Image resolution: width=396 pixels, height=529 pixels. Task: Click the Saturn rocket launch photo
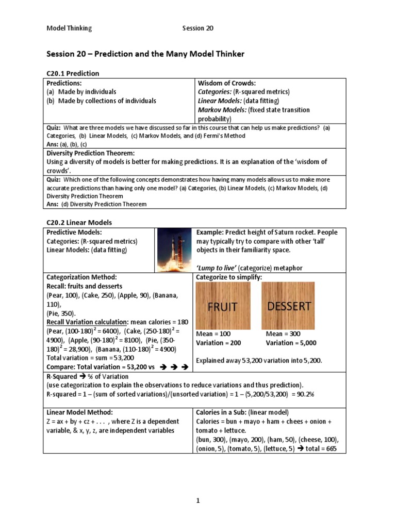tap(175, 250)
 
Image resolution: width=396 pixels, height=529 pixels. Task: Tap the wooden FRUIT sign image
tap(223, 306)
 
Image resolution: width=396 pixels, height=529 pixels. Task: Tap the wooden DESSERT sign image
tap(289, 306)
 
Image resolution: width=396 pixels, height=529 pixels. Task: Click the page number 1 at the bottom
tap(197, 501)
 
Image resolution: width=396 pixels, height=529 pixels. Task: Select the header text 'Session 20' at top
tap(197, 28)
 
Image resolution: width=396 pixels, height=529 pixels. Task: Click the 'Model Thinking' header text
tap(69, 28)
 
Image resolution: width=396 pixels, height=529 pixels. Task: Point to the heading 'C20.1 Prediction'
tap(73, 73)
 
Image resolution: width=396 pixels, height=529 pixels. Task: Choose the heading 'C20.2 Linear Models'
tap(79, 222)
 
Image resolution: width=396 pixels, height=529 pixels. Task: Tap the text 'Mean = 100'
tap(213, 334)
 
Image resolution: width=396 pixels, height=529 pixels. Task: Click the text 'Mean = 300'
tap(283, 334)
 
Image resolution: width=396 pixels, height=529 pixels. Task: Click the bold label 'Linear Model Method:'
tap(79, 412)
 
